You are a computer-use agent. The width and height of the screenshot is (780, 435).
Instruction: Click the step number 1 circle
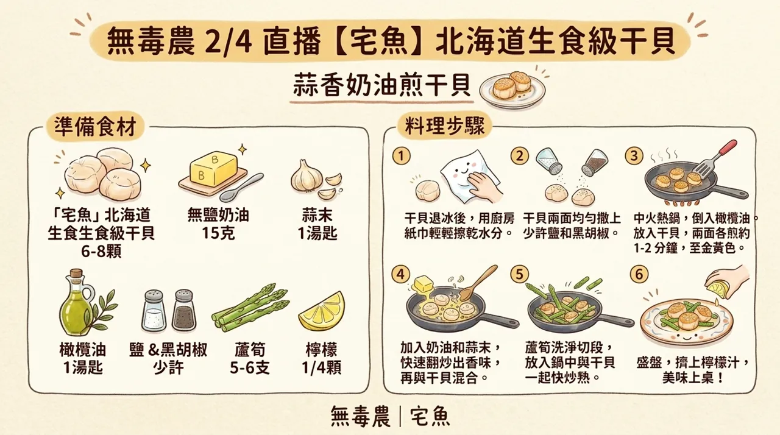(400, 157)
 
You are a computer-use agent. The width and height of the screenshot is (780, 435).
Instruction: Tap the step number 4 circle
(400, 275)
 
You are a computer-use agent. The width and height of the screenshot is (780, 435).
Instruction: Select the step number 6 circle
(638, 275)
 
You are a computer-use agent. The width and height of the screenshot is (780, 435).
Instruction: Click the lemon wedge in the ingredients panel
(322, 311)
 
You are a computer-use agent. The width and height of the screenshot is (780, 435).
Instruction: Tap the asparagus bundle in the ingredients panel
(250, 308)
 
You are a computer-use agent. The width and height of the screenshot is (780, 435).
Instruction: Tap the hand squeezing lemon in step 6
(728, 281)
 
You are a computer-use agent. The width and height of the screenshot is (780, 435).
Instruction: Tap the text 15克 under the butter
(218, 233)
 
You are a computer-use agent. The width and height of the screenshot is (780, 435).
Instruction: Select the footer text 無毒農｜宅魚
(391, 416)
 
